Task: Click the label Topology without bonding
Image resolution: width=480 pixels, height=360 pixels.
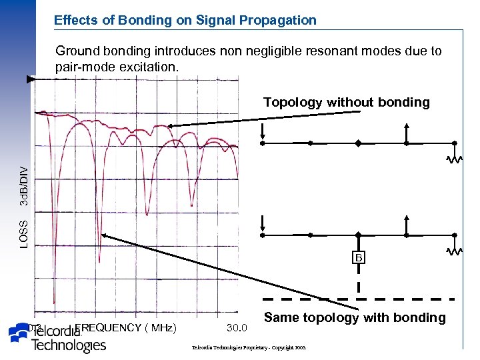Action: (346, 102)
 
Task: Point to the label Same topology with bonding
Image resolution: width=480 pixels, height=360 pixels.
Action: (355, 317)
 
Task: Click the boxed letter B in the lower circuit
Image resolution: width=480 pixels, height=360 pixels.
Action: (359, 257)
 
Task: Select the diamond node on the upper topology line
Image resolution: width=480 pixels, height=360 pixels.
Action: (358, 143)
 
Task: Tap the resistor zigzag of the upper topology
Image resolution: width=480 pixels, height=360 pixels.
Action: (455, 159)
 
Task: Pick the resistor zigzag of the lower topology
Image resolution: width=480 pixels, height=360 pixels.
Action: (455, 252)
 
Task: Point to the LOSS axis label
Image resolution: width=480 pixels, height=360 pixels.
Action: (24, 234)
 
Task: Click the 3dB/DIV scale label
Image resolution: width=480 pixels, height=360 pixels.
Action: (24, 187)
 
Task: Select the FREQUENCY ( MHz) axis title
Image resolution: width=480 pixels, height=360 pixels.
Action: (126, 327)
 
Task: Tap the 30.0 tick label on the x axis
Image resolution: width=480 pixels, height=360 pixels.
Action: (237, 327)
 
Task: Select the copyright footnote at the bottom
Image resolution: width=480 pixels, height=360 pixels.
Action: (248, 348)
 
